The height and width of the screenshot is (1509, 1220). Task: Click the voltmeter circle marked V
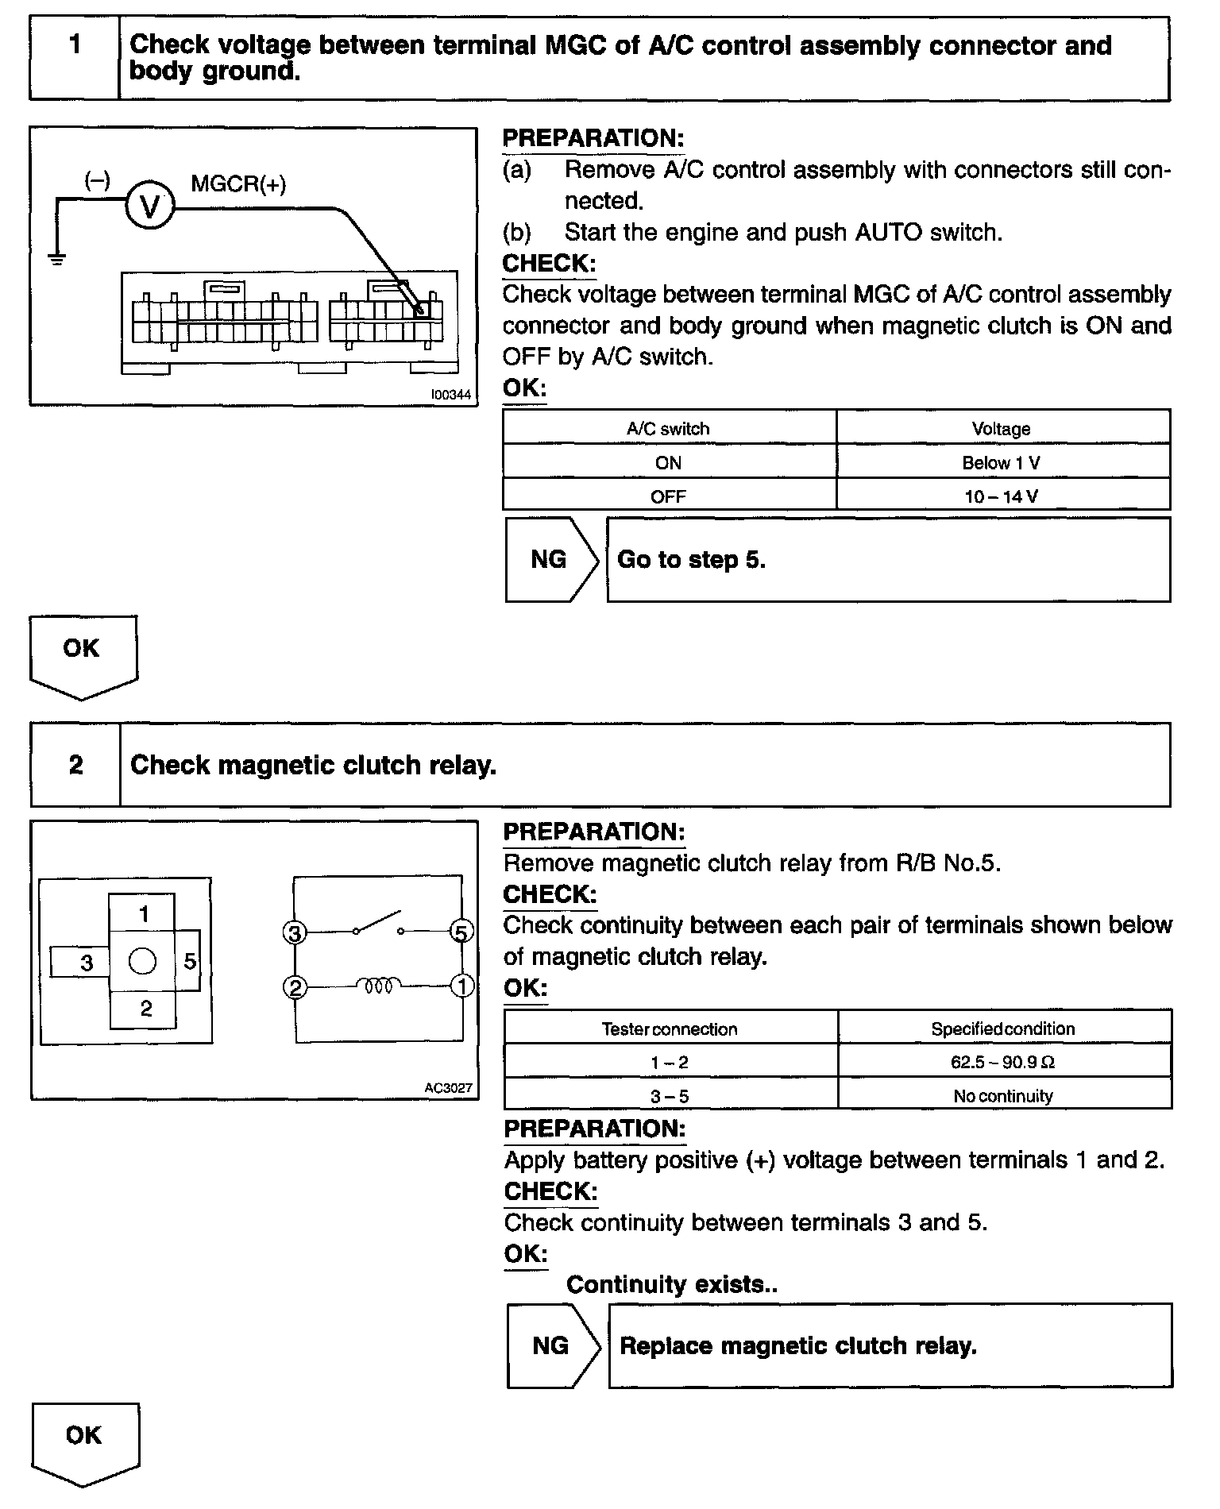point(149,206)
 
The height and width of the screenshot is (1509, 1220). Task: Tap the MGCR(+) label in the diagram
point(238,184)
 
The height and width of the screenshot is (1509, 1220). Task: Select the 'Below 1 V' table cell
point(1002,463)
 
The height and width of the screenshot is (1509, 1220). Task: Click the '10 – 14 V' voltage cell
point(1002,497)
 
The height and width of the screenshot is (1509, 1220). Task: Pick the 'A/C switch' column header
point(668,429)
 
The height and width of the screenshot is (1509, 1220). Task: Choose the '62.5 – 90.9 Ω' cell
point(1003,1063)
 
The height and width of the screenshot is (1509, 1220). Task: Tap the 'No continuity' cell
point(1003,1097)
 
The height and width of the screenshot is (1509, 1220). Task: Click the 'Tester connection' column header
point(670,1029)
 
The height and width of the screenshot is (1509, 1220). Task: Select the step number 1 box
point(75,59)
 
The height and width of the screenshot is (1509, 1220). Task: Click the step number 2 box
point(75,765)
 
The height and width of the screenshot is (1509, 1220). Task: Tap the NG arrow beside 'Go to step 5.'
point(550,560)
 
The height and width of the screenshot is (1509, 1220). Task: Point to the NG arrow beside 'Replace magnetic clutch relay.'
point(552,1345)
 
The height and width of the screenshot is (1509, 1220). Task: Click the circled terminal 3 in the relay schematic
point(295,932)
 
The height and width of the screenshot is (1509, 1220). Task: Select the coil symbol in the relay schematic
point(378,986)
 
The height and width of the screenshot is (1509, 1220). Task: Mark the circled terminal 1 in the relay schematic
point(462,986)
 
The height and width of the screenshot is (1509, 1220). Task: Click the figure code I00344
point(450,395)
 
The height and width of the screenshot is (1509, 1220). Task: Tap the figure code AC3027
point(449,1088)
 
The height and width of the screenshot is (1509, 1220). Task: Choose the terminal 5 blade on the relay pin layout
point(189,961)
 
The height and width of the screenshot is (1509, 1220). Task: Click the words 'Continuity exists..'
point(672,1284)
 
